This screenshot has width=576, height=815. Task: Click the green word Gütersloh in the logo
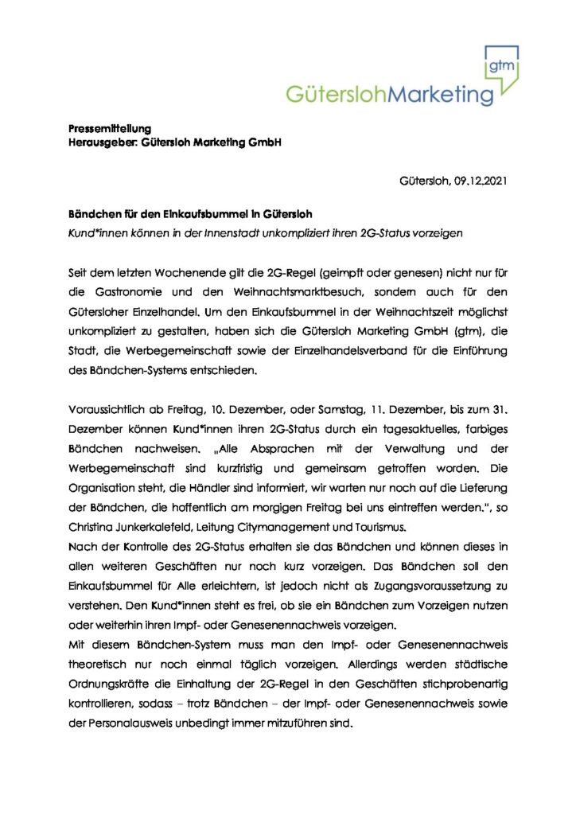[x=339, y=95]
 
